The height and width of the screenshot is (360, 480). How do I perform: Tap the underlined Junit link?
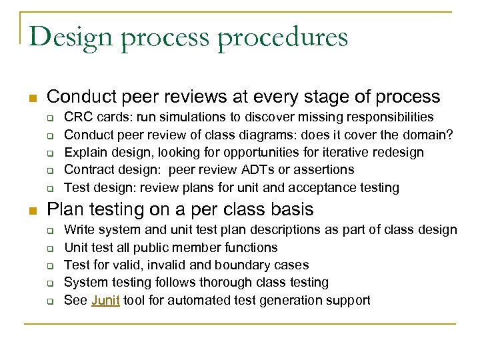[105, 300]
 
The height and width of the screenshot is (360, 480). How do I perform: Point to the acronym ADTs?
[266, 170]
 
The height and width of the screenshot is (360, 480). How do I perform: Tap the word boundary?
[236, 265]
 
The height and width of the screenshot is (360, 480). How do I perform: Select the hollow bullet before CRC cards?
[49, 117]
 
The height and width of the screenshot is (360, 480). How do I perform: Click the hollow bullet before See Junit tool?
[49, 301]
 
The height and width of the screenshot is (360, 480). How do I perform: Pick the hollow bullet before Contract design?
[49, 171]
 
